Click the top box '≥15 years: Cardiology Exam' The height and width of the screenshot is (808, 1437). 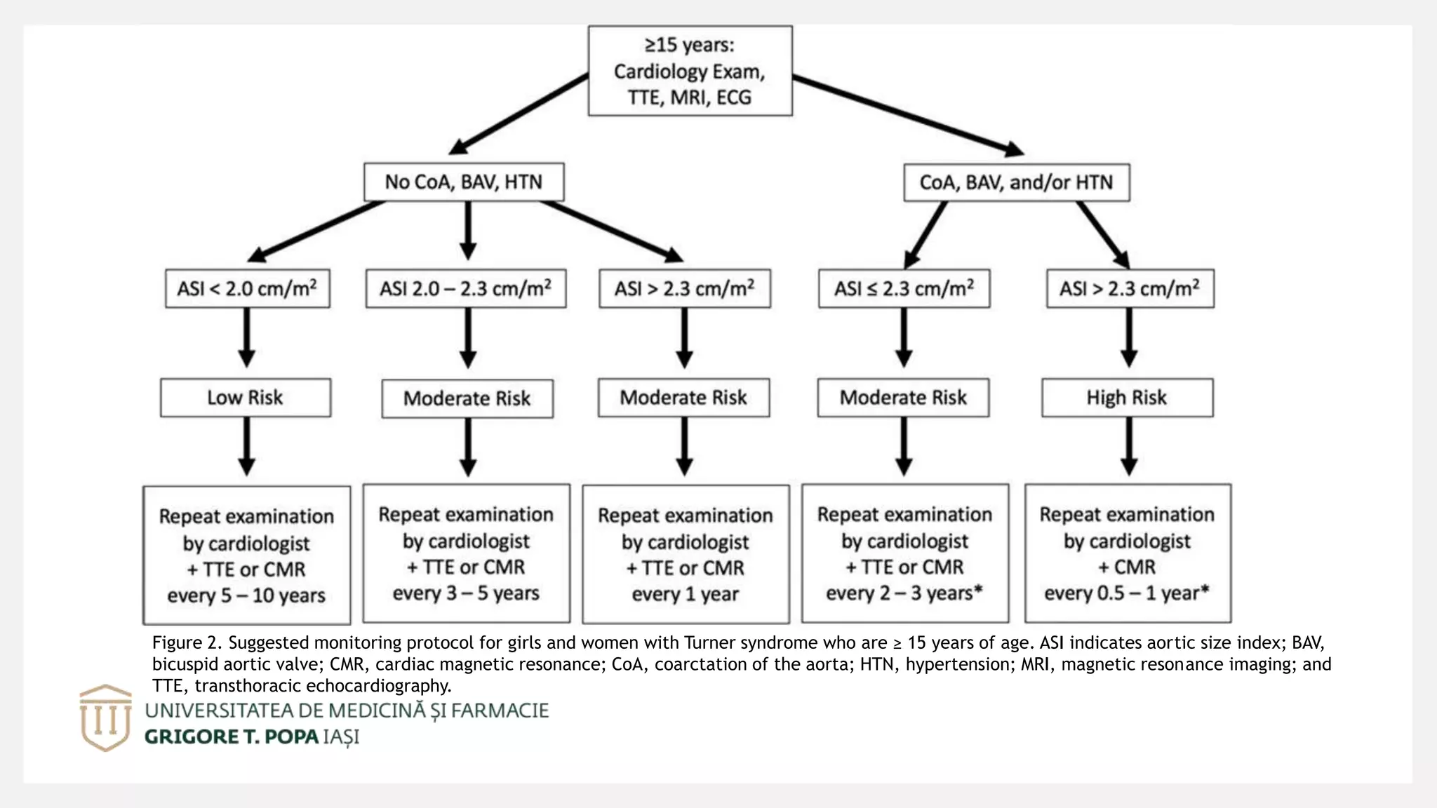coord(690,71)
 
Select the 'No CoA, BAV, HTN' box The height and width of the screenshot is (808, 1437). coord(464,182)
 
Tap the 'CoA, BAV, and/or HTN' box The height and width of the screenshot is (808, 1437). coord(1017,182)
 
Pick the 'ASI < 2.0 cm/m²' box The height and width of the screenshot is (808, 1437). coord(248,288)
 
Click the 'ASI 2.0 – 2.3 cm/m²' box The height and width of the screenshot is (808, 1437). coord(466,288)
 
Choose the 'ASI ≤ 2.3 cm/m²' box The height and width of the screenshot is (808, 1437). coord(904,288)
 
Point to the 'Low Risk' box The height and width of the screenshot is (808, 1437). coord(246,398)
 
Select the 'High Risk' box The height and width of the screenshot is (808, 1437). coord(1128,398)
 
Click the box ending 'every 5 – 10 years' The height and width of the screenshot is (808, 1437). coord(247,555)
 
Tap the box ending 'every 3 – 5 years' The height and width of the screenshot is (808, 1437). coord(467,553)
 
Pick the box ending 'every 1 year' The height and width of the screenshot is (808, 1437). coord(686,554)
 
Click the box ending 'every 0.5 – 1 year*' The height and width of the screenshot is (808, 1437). coord(1128,553)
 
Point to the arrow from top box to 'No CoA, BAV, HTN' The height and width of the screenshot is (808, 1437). coord(519,114)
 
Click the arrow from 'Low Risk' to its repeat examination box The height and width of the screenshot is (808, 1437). coord(246,447)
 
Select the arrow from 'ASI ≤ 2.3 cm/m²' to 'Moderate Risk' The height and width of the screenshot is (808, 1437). coord(904,337)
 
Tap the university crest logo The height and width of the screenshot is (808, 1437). coord(105,718)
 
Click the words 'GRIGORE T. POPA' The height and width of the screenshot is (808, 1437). coord(232,737)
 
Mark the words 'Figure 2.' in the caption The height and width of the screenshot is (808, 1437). coord(187,643)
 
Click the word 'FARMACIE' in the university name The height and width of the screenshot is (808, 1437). coord(500,711)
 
